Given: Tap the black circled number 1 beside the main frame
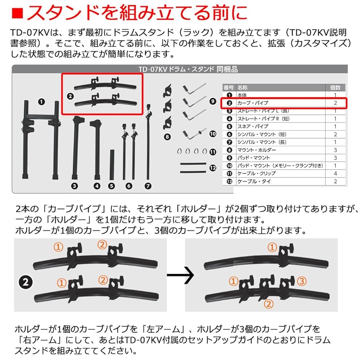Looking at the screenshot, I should click(41, 102).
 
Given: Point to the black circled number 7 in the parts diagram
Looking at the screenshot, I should click(148, 186).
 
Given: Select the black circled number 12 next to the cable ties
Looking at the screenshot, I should click(213, 168).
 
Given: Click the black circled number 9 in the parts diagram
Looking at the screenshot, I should click(213, 101).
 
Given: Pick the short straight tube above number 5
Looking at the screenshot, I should click(112, 165).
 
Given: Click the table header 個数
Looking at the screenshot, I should click(335, 87).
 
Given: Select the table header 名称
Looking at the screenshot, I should click(242, 87).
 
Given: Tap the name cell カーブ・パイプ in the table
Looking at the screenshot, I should click(250, 103).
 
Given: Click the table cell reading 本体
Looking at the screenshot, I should click(242, 95).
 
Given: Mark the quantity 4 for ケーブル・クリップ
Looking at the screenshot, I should click(335, 173).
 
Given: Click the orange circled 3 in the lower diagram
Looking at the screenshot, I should click(302, 281).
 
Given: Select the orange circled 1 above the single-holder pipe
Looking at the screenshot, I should click(272, 247).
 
